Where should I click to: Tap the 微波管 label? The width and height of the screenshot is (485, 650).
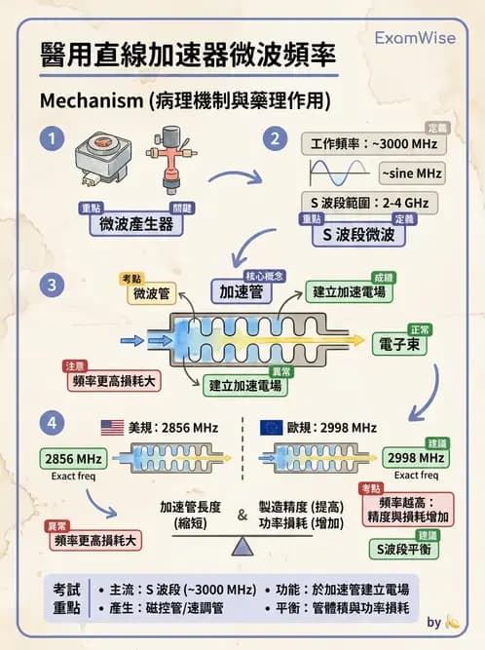(x=152, y=291)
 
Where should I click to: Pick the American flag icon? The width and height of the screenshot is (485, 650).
(x=113, y=427)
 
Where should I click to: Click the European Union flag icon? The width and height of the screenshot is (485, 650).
(x=273, y=427)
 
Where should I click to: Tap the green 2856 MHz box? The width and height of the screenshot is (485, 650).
(x=75, y=458)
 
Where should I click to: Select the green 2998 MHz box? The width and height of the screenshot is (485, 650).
(x=416, y=457)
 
